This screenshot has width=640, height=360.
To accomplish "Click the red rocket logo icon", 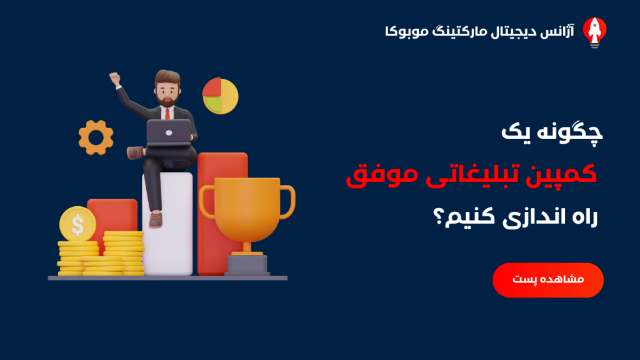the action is tap(595, 32).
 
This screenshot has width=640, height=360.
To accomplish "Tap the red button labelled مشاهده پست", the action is tap(547, 280).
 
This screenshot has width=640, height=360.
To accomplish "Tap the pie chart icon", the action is tap(221, 96).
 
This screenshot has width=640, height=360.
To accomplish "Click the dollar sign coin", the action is tap(77, 224).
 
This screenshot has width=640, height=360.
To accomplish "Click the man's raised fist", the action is tap(115, 78).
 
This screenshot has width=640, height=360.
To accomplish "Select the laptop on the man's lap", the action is tap(169, 133).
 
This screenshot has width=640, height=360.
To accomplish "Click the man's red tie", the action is tap(167, 114).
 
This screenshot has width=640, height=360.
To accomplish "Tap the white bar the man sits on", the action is tap(167, 224).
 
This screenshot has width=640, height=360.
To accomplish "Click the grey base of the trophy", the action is tap(247, 264).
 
